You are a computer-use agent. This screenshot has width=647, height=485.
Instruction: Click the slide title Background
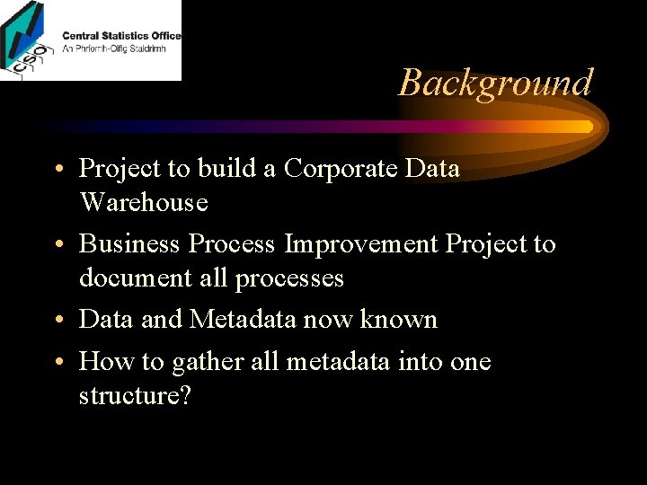[495, 83]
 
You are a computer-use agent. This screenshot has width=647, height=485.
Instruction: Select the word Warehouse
[144, 203]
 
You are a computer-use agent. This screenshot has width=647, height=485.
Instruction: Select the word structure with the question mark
[135, 396]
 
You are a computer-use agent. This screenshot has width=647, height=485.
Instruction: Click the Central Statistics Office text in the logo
[121, 36]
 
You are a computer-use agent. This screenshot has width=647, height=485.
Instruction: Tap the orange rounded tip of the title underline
[588, 127]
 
